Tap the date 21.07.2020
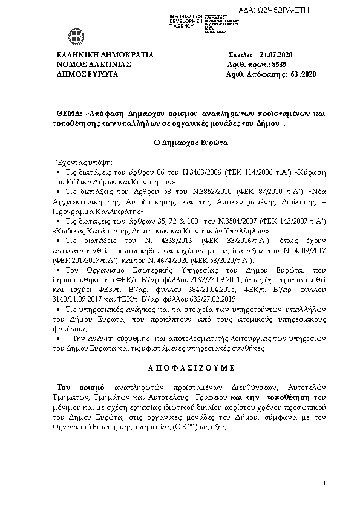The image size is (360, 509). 275,54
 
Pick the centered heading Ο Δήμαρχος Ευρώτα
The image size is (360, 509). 181,144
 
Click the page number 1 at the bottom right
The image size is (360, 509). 325,482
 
